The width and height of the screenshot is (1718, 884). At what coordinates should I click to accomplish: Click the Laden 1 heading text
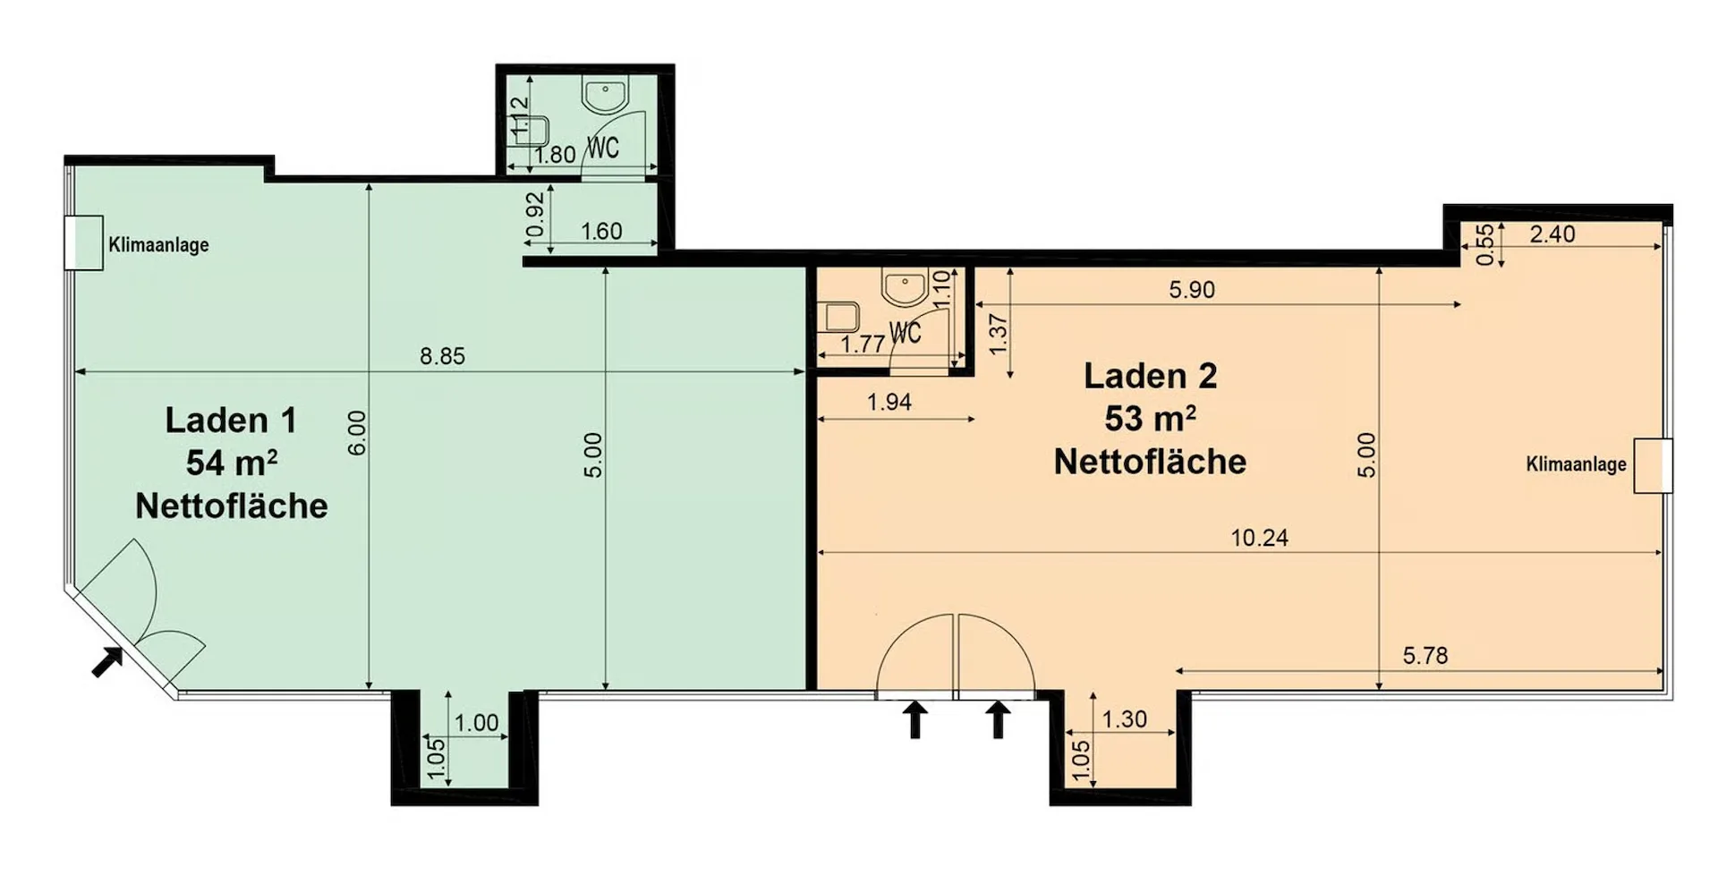point(231,420)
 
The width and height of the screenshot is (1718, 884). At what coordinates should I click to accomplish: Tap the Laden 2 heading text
point(1150,376)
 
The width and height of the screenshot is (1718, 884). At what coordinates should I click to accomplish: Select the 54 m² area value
point(231,463)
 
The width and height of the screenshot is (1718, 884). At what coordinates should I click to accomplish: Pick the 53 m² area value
point(1150,418)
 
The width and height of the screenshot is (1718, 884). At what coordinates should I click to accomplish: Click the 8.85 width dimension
point(442,356)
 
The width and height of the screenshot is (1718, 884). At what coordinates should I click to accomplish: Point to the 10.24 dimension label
point(1259,538)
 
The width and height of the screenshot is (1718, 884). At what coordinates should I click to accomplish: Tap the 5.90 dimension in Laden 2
point(1192,290)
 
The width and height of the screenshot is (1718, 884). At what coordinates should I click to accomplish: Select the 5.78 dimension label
point(1425,656)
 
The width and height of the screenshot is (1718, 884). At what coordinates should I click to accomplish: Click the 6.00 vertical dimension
point(357,432)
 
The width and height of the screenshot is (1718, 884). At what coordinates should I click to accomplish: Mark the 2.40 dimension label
point(1552,234)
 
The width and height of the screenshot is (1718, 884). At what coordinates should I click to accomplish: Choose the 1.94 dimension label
point(889,403)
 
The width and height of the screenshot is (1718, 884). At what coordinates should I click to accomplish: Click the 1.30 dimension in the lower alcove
point(1124,719)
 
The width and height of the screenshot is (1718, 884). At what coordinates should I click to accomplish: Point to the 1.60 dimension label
point(600,232)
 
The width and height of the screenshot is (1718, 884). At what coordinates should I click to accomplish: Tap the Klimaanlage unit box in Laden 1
point(84,242)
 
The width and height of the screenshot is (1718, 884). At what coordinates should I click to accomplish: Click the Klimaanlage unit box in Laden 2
point(1653,465)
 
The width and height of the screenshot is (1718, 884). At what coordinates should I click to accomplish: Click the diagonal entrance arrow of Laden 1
point(108,661)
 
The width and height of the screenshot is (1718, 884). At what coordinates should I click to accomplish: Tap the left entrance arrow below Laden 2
point(914,719)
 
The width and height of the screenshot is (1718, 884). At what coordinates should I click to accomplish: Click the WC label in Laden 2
point(906,333)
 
